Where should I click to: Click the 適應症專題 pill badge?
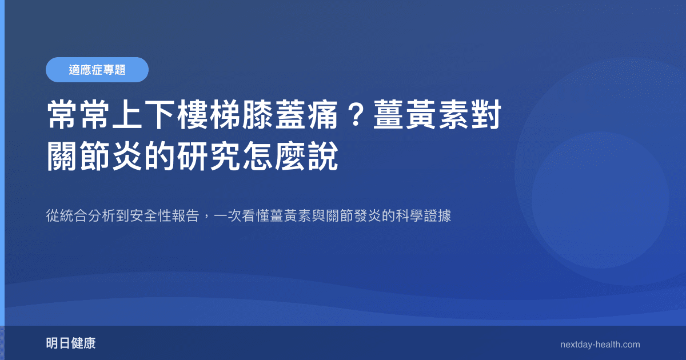pos(97,70)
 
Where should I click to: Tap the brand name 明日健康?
pos(71,343)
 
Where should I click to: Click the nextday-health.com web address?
pos(600,345)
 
